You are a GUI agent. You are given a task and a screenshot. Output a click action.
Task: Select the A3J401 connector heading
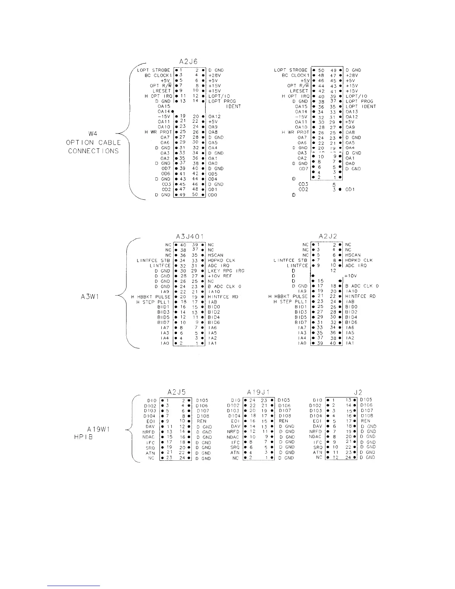click(190, 236)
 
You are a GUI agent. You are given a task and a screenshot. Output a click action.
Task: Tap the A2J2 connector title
click(327, 236)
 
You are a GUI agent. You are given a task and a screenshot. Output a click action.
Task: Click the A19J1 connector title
click(258, 392)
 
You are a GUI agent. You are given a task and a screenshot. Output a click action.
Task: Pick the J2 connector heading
click(358, 392)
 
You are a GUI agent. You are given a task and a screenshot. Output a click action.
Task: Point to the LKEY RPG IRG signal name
click(226, 271)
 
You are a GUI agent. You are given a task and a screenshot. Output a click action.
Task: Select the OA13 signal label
click(352, 112)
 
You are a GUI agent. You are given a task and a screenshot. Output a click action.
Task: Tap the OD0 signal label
click(213, 195)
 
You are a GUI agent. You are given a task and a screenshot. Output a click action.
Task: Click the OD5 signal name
click(213, 174)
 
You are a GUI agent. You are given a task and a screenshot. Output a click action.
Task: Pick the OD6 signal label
click(165, 174)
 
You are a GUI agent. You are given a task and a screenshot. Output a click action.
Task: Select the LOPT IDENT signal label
click(361, 106)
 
